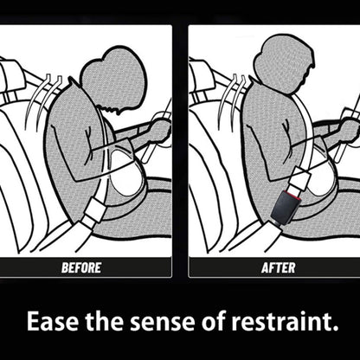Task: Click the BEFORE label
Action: click(x=80, y=267)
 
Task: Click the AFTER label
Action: click(x=278, y=267)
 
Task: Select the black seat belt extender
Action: click(x=285, y=208)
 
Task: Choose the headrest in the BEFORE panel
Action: click(x=14, y=76)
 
